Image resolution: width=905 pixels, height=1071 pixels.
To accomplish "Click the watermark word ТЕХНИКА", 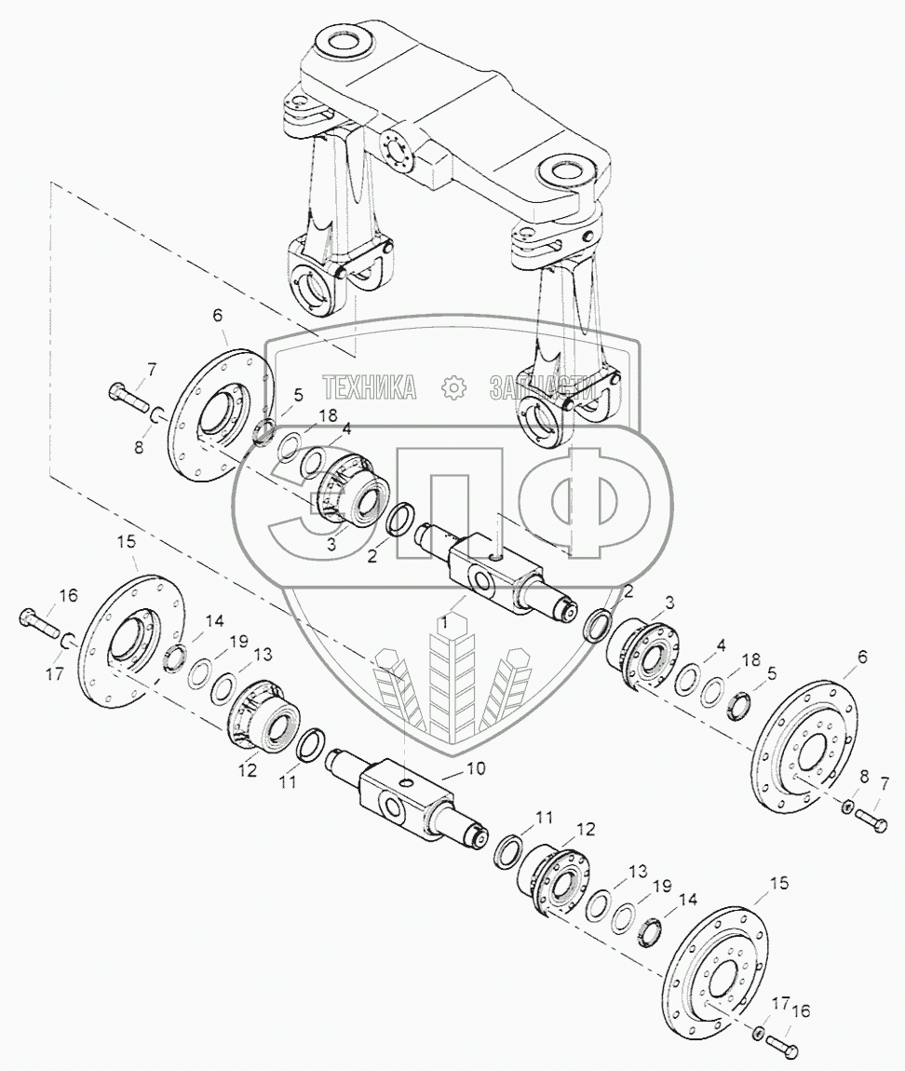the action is coord(370,387).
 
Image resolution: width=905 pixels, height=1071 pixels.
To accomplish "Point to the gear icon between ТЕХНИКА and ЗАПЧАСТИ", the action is coord(453,387).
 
